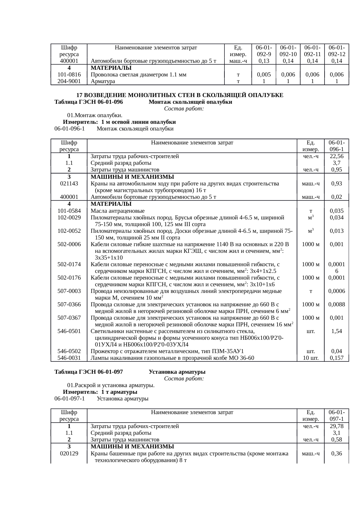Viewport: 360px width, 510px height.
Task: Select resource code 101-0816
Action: [69, 75]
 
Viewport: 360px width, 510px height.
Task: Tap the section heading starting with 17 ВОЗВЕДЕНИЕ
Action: [180, 95]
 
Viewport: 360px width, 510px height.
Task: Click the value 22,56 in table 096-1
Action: [336, 156]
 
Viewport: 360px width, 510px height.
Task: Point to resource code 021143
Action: [69, 184]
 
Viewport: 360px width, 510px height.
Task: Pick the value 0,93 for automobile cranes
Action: [336, 184]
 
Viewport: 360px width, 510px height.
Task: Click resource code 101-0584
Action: [69, 211]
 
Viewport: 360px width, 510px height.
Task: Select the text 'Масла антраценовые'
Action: [118, 211]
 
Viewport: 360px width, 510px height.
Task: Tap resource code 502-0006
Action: [69, 244]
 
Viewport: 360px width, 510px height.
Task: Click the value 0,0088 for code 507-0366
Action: [336, 305]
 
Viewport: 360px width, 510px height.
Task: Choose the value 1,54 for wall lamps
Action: [336, 331]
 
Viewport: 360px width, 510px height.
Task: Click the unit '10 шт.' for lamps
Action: [311, 358]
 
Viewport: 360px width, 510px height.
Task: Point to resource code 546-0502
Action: [69, 351]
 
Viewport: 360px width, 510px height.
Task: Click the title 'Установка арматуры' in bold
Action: [177, 372]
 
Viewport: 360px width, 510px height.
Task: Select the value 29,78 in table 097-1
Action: [336, 426]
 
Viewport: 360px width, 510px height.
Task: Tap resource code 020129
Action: [69, 454]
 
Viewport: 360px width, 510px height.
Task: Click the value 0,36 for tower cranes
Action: [336, 454]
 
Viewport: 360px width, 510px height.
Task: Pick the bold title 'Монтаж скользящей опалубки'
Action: [190, 102]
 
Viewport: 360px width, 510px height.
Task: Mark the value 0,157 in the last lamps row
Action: [336, 358]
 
